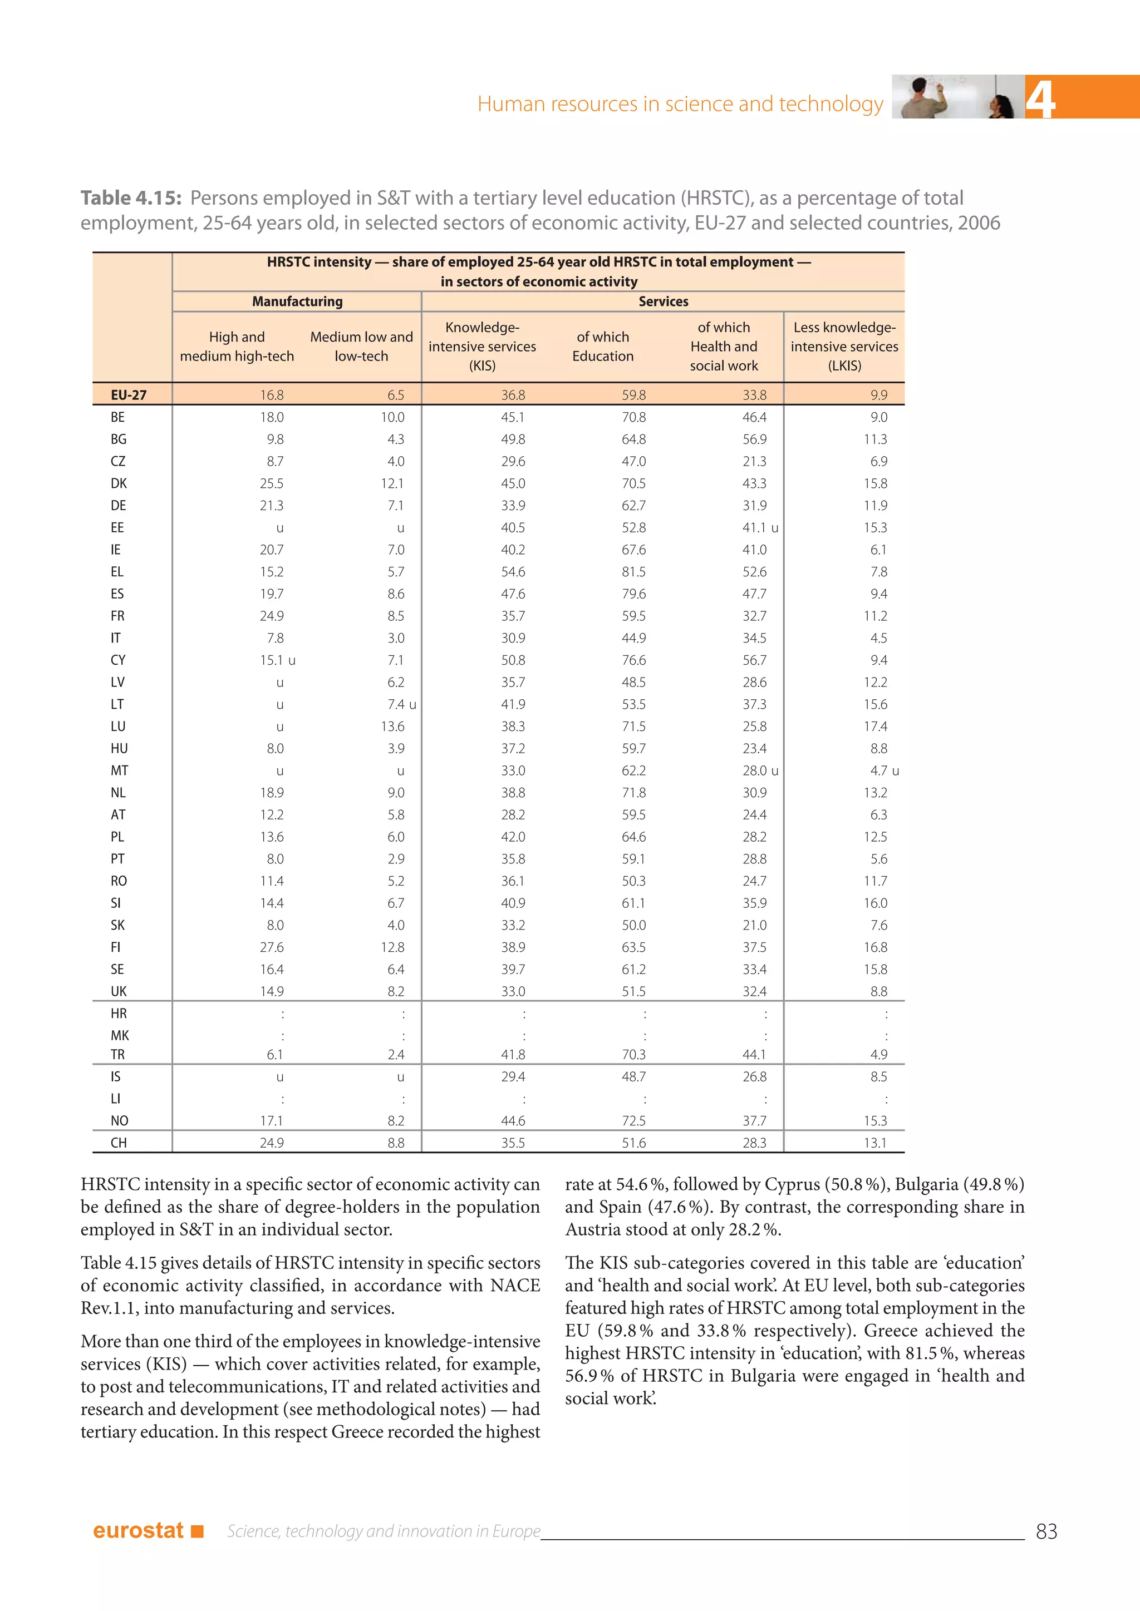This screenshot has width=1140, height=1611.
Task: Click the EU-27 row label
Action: (x=129, y=395)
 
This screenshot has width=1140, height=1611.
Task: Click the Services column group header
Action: (x=662, y=302)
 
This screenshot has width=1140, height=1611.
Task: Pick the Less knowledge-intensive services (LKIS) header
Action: (x=844, y=347)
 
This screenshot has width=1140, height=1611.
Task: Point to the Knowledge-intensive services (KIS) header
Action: (x=482, y=347)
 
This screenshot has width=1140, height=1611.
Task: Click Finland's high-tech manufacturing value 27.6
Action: (x=272, y=947)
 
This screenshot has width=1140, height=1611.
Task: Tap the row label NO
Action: (x=119, y=1120)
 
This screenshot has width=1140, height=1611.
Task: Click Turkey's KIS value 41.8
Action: (x=513, y=1055)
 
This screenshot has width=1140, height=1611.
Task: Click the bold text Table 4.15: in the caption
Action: (x=131, y=199)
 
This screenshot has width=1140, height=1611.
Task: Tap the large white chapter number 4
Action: (x=1040, y=99)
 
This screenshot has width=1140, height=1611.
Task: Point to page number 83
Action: (x=1046, y=1531)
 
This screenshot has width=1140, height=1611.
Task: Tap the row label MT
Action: (x=119, y=770)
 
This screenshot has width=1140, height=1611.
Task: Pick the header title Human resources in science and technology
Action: (x=680, y=104)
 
